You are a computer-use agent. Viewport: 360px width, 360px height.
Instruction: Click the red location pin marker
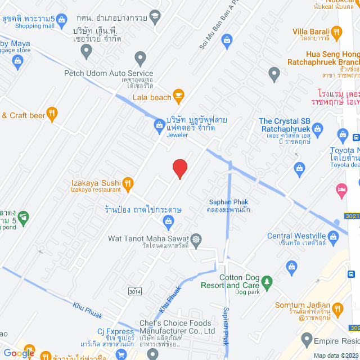point(179,168)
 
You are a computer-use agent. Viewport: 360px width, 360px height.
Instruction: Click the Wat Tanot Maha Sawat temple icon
point(196,240)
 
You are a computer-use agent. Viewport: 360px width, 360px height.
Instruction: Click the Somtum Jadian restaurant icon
point(337,308)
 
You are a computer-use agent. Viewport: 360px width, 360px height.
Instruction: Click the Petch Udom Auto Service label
point(109,73)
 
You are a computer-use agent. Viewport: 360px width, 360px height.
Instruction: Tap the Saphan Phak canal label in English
point(225,202)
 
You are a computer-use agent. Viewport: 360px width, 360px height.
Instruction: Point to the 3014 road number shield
point(134,291)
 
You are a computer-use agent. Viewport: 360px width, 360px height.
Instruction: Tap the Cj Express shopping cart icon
point(120,354)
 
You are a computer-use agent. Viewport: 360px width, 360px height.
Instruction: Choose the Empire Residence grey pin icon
point(307,340)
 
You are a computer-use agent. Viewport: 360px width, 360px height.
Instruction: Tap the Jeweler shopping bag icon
point(159,124)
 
